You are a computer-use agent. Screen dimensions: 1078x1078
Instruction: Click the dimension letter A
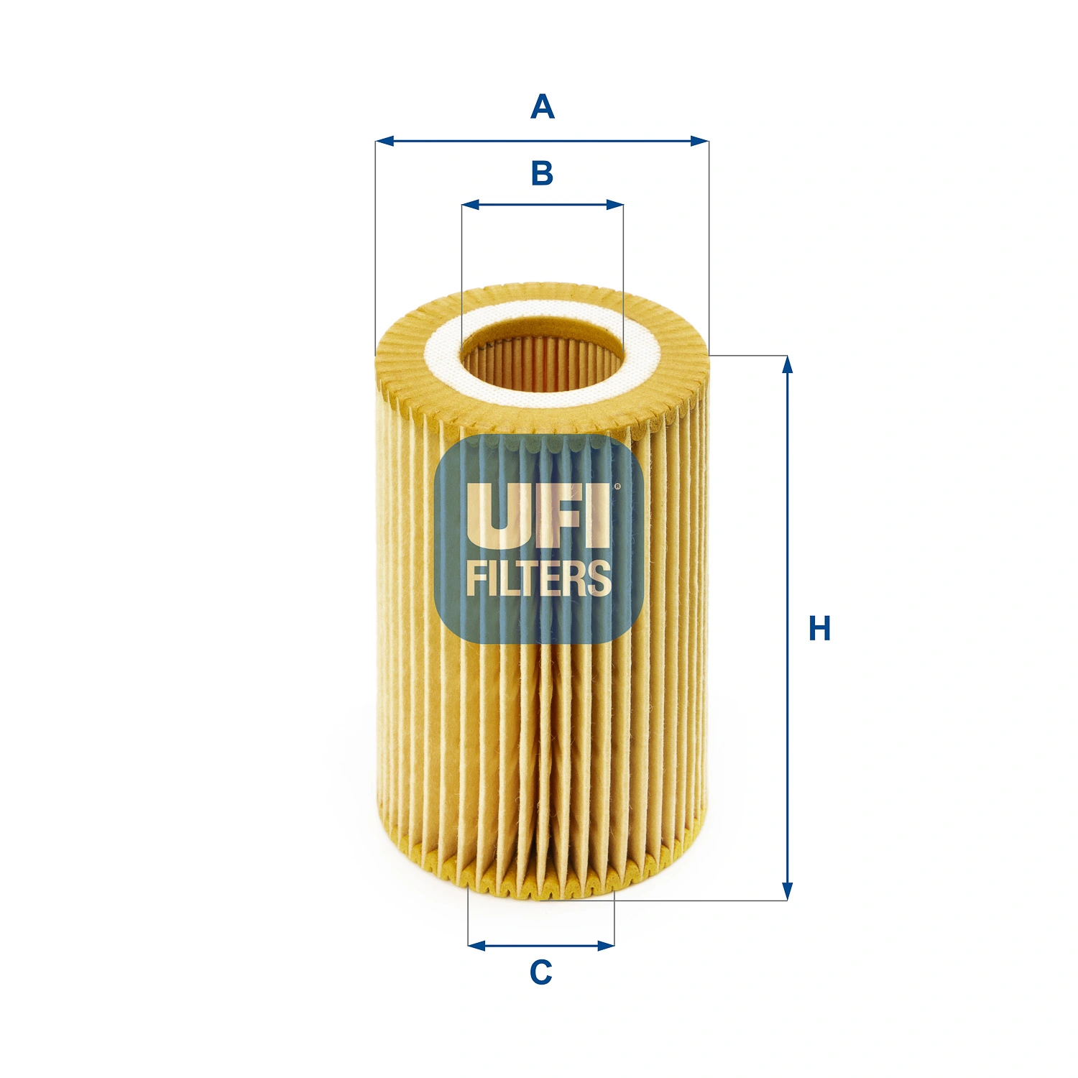coord(542,107)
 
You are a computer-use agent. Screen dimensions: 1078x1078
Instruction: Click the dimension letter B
coord(542,173)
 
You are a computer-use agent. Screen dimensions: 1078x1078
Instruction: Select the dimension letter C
coord(540,972)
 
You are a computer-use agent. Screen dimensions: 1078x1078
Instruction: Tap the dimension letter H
coord(819,628)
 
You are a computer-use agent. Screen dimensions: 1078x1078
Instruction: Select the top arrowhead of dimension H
coord(788,364)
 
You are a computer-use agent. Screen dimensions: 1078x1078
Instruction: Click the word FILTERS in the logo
coord(539,579)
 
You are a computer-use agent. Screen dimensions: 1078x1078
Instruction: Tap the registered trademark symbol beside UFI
coord(617,487)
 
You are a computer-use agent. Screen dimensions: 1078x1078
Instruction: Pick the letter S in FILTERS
coord(598,579)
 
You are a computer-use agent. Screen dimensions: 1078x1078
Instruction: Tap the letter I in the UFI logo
coord(598,515)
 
